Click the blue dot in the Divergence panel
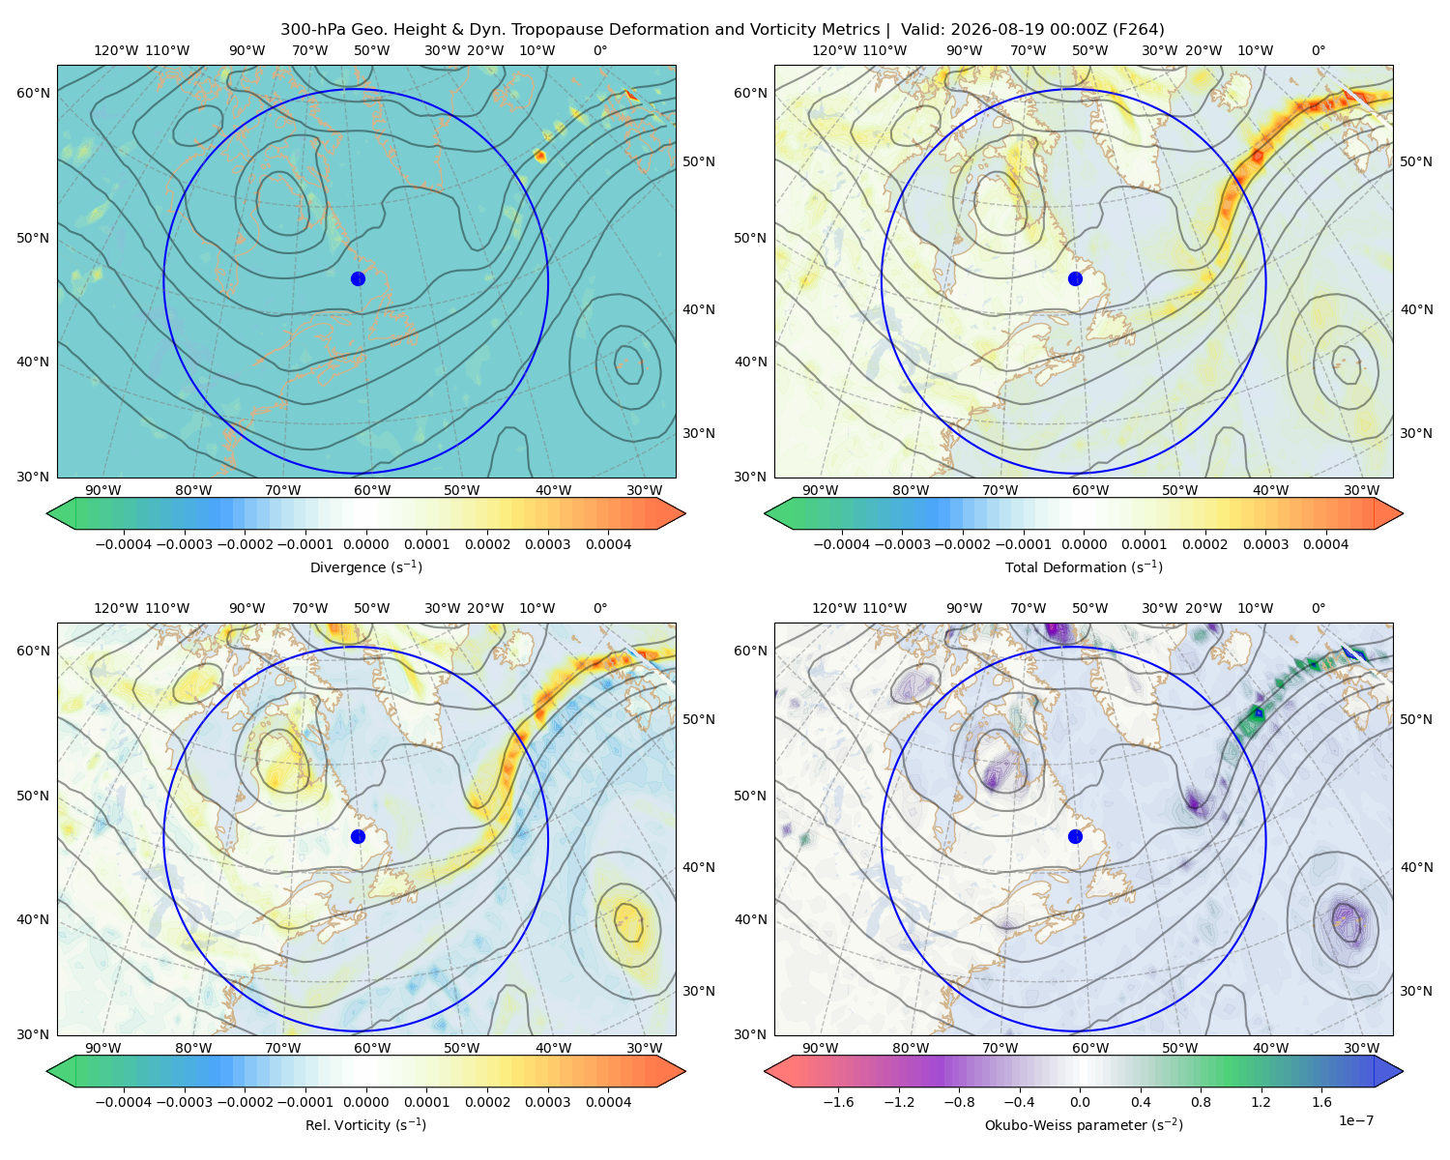358,278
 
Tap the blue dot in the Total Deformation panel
1075,278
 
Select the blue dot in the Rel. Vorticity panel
358,836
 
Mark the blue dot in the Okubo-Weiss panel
1075,836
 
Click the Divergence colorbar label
365,566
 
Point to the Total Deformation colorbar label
1084,566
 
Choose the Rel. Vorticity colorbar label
365,1124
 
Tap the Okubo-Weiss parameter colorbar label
1084,1124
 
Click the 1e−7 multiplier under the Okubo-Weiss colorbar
1355,1120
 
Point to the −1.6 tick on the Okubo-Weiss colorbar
838,1102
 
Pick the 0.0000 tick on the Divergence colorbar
365,544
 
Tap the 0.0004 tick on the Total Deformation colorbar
1325,544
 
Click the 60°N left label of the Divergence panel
33,93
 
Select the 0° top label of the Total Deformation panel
1318,50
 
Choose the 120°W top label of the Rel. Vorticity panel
116,608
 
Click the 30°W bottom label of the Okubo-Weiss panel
1362,1048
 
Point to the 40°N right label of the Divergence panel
699,309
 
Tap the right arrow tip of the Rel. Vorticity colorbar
685,1071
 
